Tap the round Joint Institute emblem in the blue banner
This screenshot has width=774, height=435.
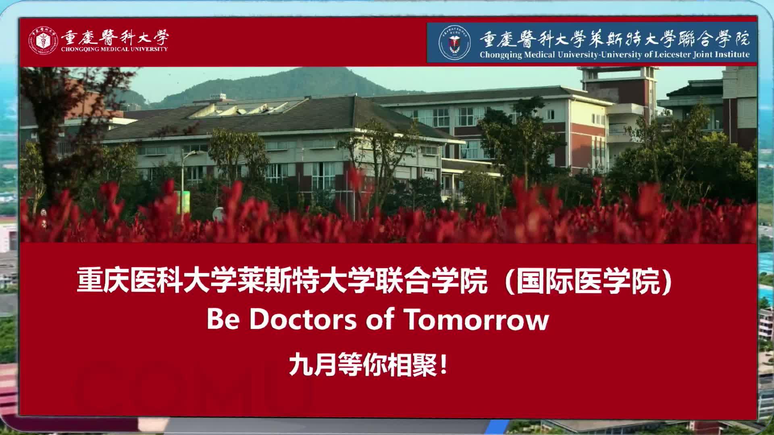(x=454, y=43)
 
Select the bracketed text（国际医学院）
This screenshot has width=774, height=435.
(x=589, y=281)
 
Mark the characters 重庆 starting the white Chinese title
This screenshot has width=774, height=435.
(x=102, y=281)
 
